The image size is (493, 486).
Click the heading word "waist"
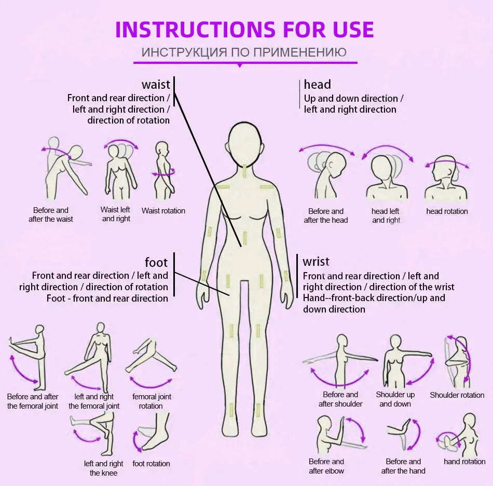[x=156, y=85]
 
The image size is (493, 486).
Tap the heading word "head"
[x=317, y=85]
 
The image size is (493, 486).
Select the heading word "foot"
[x=156, y=262]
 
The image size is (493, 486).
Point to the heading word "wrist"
[x=316, y=261]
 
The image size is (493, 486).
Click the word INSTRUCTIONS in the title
[x=195, y=30]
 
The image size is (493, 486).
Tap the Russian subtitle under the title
[x=244, y=52]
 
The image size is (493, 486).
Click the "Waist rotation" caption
[x=163, y=211]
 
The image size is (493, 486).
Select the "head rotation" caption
[x=447, y=211]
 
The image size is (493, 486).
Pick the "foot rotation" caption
[x=151, y=464]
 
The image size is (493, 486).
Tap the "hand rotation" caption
[x=464, y=462]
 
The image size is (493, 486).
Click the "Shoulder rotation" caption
[x=457, y=395]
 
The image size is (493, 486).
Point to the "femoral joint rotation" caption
[x=152, y=401]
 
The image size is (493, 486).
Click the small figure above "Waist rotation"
[x=163, y=170]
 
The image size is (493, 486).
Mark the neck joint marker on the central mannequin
[x=245, y=170]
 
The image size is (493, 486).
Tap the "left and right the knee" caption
[x=103, y=468]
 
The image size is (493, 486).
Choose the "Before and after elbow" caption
[x=326, y=466]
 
